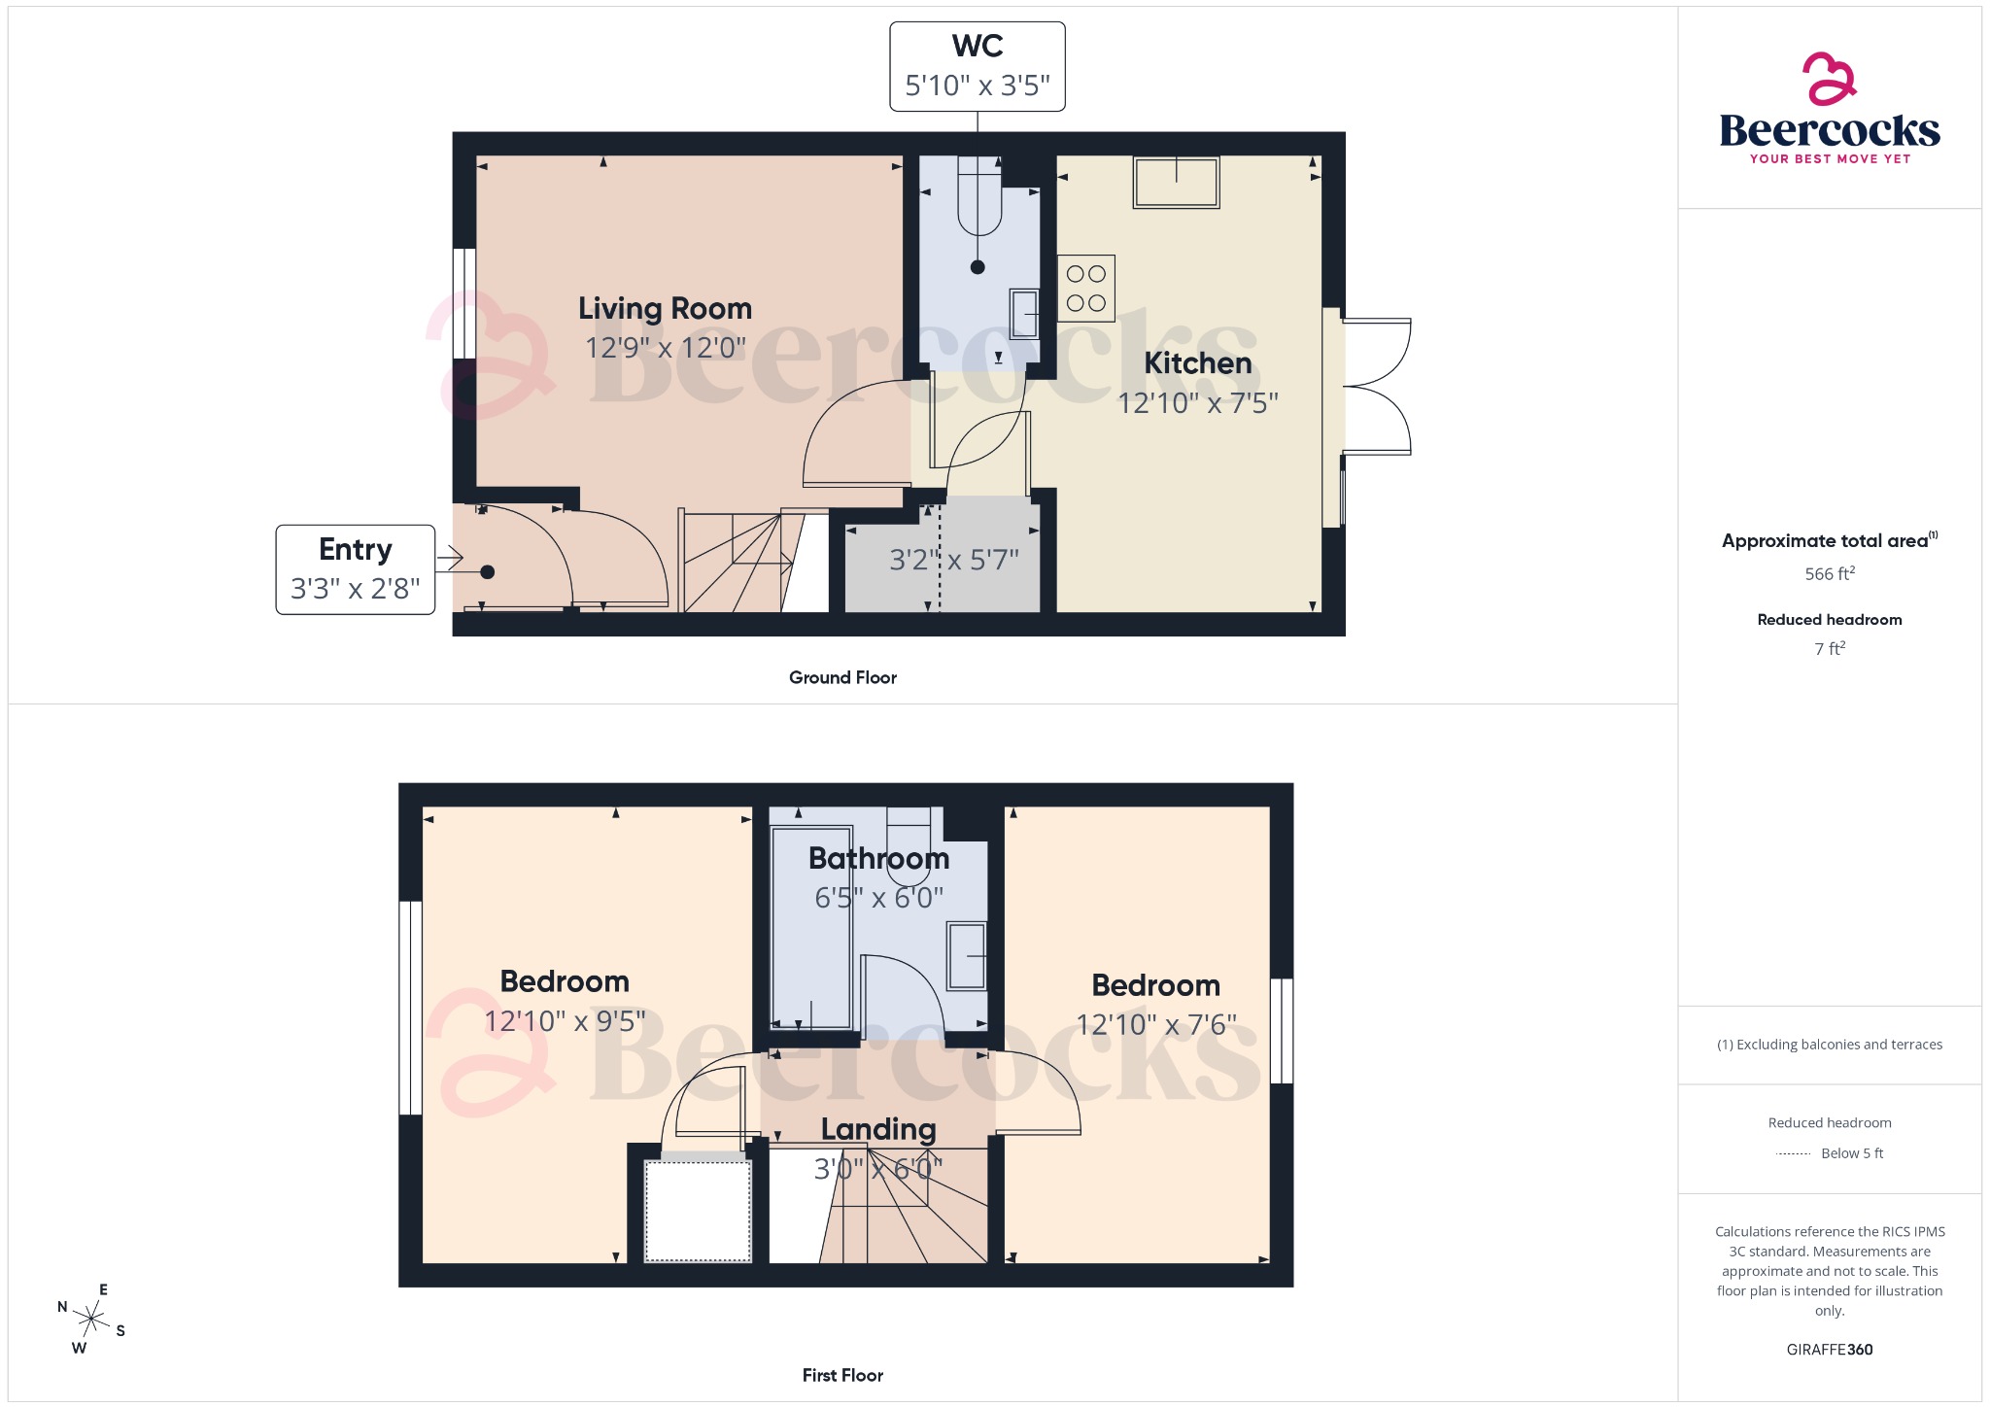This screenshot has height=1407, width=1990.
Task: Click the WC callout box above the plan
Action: click(x=977, y=66)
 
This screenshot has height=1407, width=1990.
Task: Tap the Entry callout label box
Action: click(x=355, y=569)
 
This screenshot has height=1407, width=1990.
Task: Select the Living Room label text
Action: click(x=665, y=309)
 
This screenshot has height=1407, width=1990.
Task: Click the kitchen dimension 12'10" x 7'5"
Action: click(x=1197, y=403)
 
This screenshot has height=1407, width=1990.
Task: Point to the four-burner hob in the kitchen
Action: click(x=1085, y=289)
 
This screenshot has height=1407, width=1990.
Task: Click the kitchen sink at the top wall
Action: click(x=1176, y=183)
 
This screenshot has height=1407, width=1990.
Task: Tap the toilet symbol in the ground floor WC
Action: click(x=978, y=198)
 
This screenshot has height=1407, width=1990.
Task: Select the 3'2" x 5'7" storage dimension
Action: click(x=953, y=561)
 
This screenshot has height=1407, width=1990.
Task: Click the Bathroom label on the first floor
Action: click(x=878, y=859)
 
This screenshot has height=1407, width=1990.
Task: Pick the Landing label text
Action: click(x=878, y=1129)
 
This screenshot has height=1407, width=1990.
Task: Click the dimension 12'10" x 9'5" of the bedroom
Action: click(x=565, y=1021)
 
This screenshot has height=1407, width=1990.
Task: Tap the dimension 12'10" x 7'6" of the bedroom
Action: click(x=1155, y=1025)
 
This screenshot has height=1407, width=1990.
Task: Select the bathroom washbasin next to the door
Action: click(x=967, y=956)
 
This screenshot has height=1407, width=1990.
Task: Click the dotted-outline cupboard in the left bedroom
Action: click(x=698, y=1210)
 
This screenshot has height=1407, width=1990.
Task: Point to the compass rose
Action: click(x=91, y=1320)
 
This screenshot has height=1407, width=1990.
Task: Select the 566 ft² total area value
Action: click(x=1829, y=574)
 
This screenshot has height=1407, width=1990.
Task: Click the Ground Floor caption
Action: click(x=842, y=678)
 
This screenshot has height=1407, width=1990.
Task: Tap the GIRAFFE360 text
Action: click(x=1829, y=1350)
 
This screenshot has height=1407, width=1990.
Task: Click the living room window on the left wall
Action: click(x=464, y=303)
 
